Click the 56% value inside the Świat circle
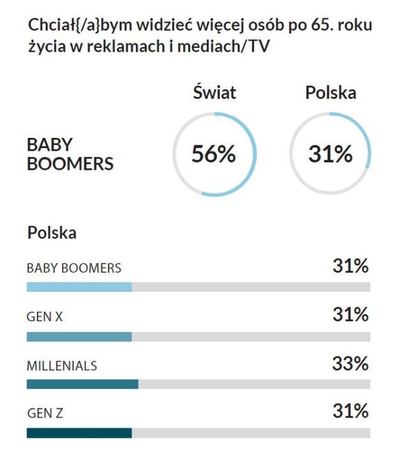pos(214,155)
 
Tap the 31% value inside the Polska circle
pos(331,155)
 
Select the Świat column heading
pos(214,93)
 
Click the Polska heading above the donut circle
pos(331,93)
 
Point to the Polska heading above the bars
pos(52,232)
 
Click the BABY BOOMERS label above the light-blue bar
pos(74,268)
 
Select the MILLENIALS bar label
pos(62,366)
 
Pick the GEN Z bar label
pos(45,414)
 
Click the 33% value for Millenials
pos(350,364)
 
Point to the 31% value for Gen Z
pos(350,412)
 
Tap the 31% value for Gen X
pos(350,315)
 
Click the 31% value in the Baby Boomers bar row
pos(350,266)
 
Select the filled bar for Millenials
pos(82,384)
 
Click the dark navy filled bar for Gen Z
pos(79,433)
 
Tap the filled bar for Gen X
pos(79,336)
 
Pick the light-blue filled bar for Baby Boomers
pos(79,287)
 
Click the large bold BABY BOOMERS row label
pos(70,155)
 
